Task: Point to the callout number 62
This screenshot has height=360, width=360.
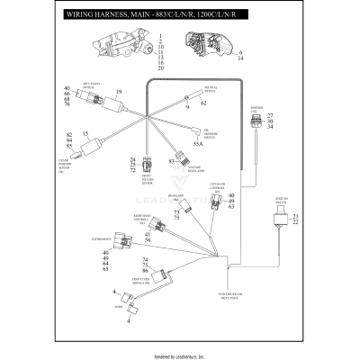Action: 204,103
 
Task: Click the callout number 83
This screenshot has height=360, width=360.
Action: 171,163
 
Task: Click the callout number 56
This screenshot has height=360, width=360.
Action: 148,240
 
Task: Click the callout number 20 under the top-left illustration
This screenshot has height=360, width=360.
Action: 161,68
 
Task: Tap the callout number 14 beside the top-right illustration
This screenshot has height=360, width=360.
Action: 241,58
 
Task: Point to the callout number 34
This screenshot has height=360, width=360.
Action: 270,127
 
